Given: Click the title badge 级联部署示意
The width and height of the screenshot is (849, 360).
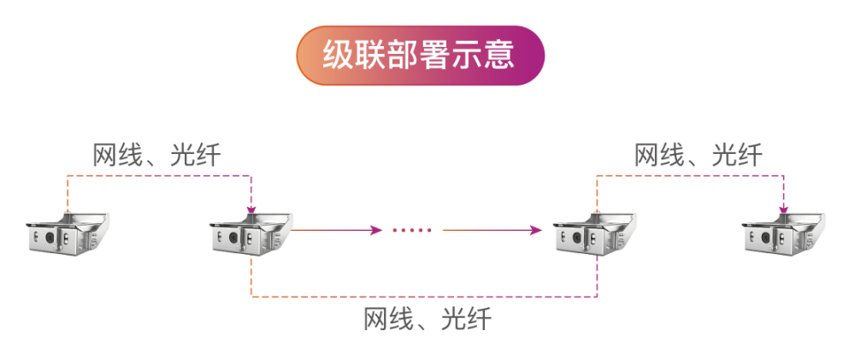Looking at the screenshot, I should pos(420,56).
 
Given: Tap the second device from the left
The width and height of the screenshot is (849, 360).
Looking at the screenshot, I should pos(251,234).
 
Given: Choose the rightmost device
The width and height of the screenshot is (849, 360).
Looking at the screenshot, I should pos(783,234).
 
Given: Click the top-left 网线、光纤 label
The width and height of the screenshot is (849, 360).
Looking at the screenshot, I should pos(156,156).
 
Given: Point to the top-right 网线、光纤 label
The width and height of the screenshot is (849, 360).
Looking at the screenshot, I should pos(698,156).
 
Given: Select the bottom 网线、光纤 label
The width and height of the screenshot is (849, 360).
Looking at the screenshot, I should pos(427,320).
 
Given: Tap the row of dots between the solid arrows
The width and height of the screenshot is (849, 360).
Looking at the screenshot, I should pos(412,230).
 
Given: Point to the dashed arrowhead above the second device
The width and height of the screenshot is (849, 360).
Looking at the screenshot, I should pos(251,208).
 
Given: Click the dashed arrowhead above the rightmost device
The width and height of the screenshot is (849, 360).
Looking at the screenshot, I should pos(783,208).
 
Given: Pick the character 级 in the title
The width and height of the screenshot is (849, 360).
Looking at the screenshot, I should pos(336,56).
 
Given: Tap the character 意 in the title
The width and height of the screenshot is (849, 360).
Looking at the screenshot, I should pos(501,56).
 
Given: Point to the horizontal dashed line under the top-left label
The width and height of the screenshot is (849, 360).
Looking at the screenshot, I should pos(158,176).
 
